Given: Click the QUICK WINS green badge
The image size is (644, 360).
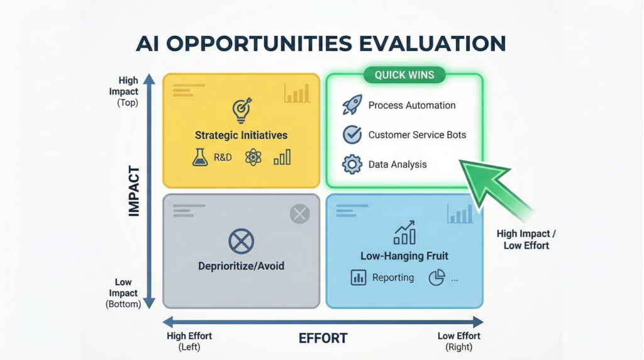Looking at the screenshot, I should (404, 76).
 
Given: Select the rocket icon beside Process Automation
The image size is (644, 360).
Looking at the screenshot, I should (352, 105).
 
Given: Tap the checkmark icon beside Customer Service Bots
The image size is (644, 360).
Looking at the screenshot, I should (352, 135).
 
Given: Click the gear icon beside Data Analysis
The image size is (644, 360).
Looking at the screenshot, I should (352, 164).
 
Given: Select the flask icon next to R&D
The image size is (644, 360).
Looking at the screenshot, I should (200, 157).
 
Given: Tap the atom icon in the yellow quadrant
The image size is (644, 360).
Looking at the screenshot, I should (253, 157).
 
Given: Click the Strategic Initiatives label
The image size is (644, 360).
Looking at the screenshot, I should (241, 135).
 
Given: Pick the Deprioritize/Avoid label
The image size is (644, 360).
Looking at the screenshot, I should (241, 266).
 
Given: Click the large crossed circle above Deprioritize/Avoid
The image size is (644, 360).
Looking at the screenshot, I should (241, 241).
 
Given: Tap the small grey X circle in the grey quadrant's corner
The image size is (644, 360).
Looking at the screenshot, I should (299, 215).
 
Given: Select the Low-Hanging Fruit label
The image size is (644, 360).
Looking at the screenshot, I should (404, 256).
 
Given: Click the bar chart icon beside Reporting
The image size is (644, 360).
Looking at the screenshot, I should (358, 278).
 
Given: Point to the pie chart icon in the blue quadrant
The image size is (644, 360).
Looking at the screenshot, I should (436, 278).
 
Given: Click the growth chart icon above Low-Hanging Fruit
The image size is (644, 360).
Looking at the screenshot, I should (404, 232).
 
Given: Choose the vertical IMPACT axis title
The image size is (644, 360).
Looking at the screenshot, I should (134, 191).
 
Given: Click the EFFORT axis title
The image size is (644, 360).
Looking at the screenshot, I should (323, 339).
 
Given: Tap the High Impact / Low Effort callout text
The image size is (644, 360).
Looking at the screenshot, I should (526, 240).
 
